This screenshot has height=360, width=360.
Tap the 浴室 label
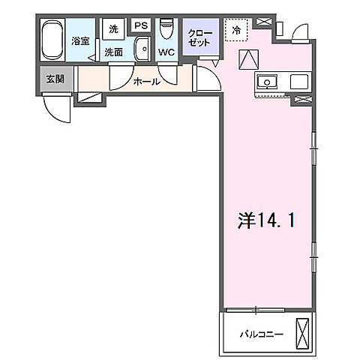80,41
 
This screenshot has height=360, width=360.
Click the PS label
139,25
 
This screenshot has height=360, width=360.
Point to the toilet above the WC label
166,32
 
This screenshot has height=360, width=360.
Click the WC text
166,53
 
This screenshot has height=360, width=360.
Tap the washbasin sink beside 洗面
140,49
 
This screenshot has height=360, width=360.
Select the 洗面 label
113,52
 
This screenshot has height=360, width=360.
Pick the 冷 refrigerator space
236,31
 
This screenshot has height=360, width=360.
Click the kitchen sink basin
266,81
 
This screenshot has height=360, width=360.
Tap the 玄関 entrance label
55,79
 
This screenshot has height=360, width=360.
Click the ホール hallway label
146,82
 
